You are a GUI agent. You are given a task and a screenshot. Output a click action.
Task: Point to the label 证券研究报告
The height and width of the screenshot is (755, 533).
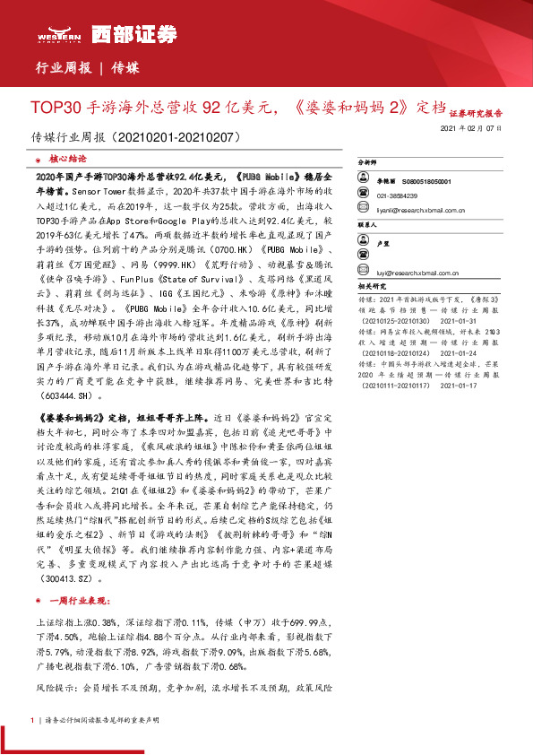point(476,114)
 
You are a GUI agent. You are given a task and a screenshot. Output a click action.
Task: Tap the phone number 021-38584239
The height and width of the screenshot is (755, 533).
point(398,195)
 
